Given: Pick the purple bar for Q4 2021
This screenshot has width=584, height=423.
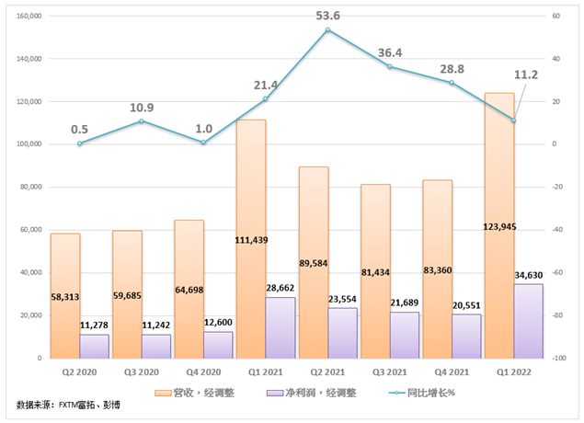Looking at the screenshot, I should coord(466,337).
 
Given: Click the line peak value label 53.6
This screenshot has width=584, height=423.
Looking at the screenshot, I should coord(328,15).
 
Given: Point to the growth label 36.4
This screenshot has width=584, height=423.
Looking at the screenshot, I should coord(391,52).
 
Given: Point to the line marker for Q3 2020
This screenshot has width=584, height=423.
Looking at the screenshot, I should coord(142,121).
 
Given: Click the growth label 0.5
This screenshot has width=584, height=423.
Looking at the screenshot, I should coord(80,129).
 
